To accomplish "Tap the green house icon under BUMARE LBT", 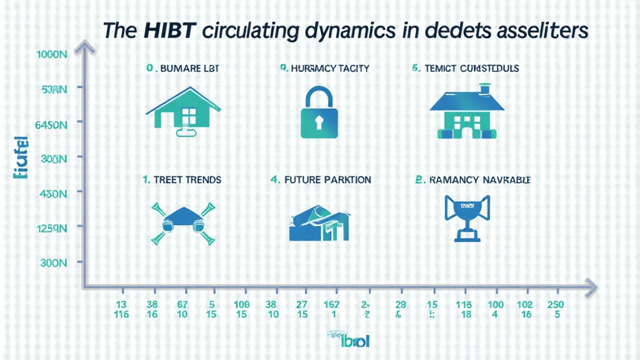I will pyautogui.click(x=185, y=112).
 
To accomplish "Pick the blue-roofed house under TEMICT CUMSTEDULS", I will pyautogui.click(x=463, y=113).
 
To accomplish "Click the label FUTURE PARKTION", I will pyautogui.click(x=321, y=180).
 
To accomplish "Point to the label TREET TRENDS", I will pyautogui.click(x=182, y=180).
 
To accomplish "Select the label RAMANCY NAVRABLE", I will pyautogui.click(x=473, y=180).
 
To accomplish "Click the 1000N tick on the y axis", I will pyautogui.click(x=52, y=54).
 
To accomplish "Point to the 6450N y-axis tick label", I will pyautogui.click(x=51, y=125).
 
